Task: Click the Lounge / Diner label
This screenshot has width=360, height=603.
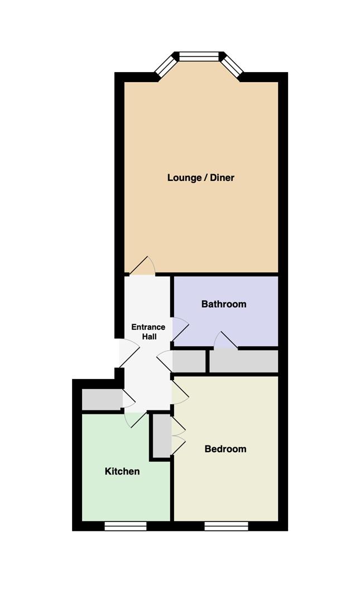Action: click(x=201, y=178)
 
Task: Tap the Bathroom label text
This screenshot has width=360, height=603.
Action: click(x=224, y=304)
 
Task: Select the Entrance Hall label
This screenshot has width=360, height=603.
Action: click(x=148, y=332)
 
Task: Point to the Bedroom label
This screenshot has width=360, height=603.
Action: click(x=225, y=449)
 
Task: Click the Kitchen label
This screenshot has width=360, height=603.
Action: click(x=122, y=471)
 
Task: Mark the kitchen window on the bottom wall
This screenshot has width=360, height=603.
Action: click(x=126, y=526)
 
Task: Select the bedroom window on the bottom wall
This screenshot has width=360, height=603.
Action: click(x=226, y=526)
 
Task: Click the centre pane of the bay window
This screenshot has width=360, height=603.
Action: click(x=199, y=56)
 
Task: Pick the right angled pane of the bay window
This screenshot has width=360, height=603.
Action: click(x=232, y=65)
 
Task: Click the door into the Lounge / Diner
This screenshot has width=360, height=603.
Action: click(x=142, y=266)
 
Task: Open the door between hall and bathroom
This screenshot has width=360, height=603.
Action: click(x=180, y=329)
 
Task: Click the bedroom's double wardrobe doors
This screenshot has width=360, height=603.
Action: click(x=179, y=436)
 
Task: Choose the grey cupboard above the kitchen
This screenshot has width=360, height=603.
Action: click(x=102, y=400)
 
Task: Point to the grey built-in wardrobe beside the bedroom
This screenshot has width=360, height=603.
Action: click(x=162, y=435)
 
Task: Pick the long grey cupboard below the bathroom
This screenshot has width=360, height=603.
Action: click(x=243, y=361)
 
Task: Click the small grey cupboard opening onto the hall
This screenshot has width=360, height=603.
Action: click(x=189, y=361)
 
